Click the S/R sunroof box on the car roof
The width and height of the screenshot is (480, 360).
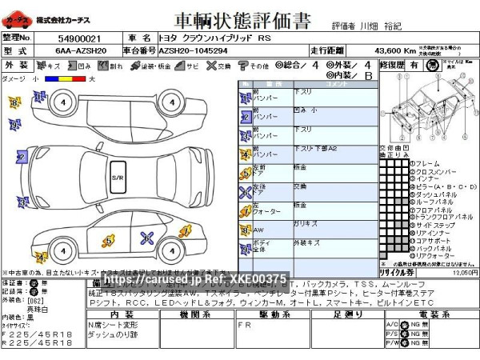pos(117,176)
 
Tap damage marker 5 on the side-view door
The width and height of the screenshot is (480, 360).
pos(108,240)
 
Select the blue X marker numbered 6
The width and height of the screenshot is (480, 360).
pos(146,236)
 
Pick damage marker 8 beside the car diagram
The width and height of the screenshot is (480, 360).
pos(14,102)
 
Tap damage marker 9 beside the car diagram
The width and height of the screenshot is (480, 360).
pos(14,125)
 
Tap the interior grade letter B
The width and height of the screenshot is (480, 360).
pos(368,76)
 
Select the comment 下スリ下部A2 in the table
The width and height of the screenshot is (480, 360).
pos(294,150)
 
